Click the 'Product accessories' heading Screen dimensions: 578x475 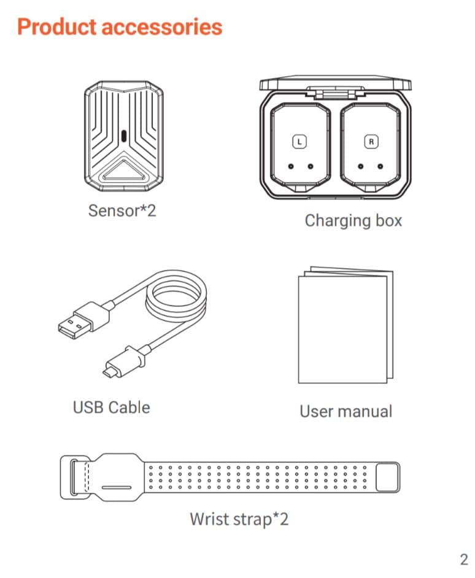click(120, 27)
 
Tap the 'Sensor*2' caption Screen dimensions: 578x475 click(122, 210)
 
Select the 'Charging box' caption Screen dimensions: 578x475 click(353, 220)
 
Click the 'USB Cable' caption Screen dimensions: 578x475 click(111, 407)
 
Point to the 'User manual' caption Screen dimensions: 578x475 click(346, 411)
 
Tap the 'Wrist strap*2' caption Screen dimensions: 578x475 click(239, 519)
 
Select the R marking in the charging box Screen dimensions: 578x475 click(371, 141)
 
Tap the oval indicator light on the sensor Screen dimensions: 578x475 click(124, 136)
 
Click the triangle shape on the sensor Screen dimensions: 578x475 click(124, 170)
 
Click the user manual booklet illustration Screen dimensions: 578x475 click(342, 325)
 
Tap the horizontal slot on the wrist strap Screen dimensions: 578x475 click(116, 488)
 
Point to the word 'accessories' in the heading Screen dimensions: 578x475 click(162, 27)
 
